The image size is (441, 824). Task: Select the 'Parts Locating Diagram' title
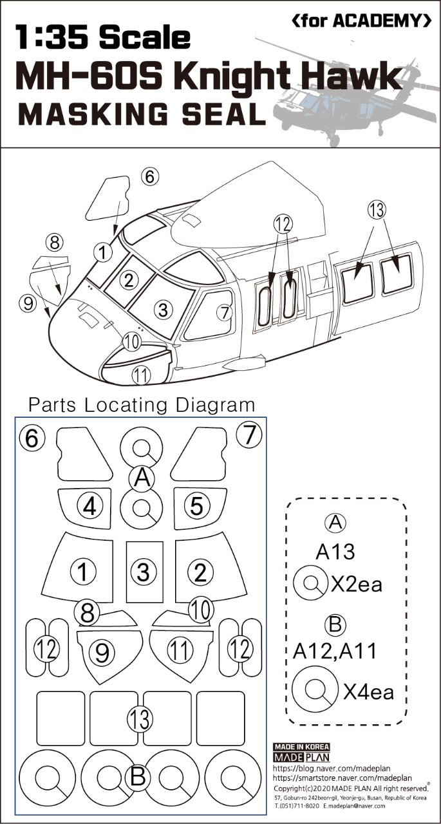coord(142,405)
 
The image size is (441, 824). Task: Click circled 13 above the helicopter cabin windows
coord(377,209)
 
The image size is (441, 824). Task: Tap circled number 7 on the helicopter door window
coord(224,313)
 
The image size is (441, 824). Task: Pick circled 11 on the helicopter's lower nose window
coord(140,374)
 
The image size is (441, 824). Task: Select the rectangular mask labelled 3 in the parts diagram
coord(144,571)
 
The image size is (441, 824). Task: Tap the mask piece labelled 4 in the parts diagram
coord(89,507)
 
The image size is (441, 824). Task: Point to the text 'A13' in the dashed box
coord(335,552)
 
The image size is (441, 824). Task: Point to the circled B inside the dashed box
coord(336,624)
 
